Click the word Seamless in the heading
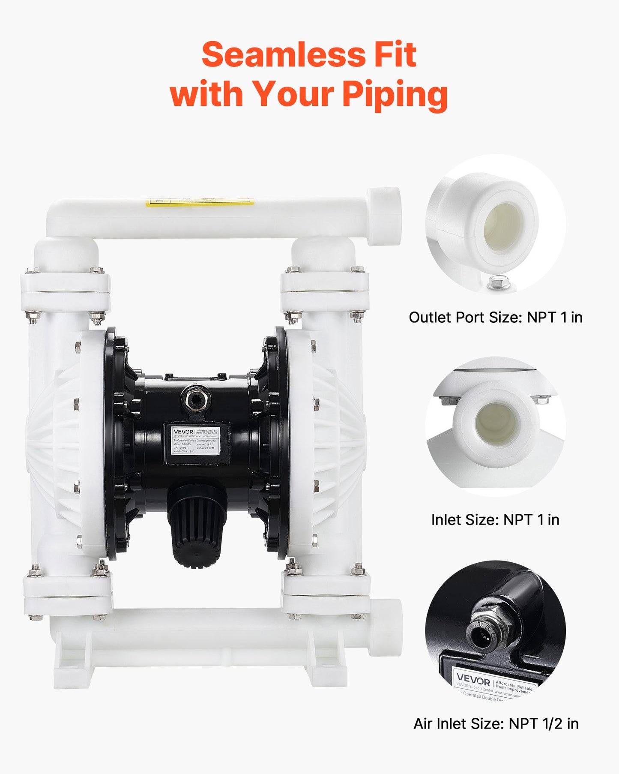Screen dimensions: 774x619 pyautogui.click(x=283, y=55)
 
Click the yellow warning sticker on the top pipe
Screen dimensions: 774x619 pyautogui.click(x=199, y=202)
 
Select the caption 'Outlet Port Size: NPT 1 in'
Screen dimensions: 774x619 pyautogui.click(x=495, y=318)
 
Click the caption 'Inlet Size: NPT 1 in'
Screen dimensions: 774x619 pyautogui.click(x=495, y=520)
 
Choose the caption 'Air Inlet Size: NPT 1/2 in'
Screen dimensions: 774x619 pyautogui.click(x=496, y=724)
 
